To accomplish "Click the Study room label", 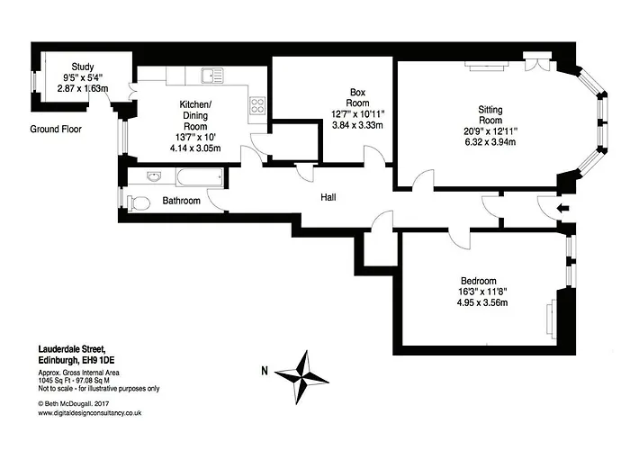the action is [x=83, y=67].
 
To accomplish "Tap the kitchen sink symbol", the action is [x=213, y=76].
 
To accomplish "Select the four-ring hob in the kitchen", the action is [x=257, y=105].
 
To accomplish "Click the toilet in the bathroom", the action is [x=138, y=202].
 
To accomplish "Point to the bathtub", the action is [x=199, y=177].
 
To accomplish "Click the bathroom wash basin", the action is [x=155, y=176].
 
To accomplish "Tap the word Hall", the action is [x=328, y=197].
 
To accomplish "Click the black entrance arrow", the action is [x=562, y=208].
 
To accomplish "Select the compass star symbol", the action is [x=301, y=377].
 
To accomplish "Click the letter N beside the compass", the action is [x=265, y=371].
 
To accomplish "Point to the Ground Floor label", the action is [x=56, y=130].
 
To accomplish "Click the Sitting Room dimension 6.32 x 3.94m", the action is [x=490, y=142].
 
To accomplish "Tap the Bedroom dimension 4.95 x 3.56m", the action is [x=482, y=302].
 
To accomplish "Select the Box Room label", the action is [x=357, y=97].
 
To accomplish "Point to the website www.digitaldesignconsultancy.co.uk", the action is [x=90, y=413].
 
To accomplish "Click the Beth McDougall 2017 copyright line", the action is [x=74, y=404].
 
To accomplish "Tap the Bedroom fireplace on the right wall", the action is [x=551, y=317].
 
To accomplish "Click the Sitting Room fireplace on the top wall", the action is [x=487, y=66].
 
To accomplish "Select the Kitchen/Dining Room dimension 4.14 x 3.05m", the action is [x=195, y=148].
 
